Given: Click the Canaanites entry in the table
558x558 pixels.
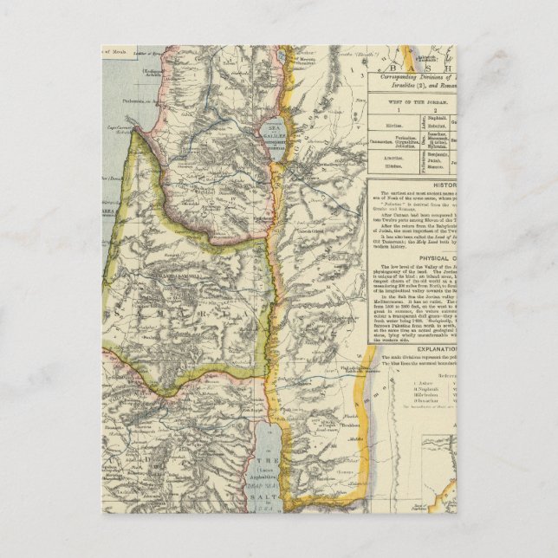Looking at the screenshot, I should (388, 138).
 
